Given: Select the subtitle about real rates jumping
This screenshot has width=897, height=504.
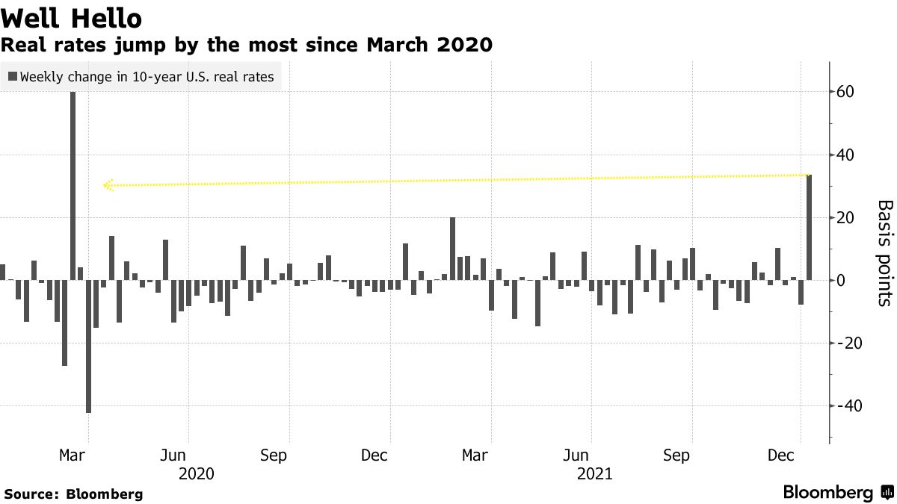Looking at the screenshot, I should [x=247, y=45].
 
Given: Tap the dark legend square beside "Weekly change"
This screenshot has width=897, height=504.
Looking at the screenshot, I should [x=13, y=76].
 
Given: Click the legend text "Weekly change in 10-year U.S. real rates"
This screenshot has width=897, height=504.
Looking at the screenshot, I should [x=147, y=76].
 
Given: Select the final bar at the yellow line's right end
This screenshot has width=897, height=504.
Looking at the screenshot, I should [x=809, y=228].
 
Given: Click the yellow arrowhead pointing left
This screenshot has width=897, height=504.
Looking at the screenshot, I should [x=108, y=184].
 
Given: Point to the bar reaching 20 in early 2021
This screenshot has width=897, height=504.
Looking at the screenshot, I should [x=452, y=249].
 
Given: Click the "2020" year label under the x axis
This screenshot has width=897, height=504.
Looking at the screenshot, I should [x=197, y=473].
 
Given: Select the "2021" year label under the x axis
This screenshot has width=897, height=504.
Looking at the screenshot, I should [x=595, y=473].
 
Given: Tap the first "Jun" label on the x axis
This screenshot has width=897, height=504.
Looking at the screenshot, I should [x=173, y=455].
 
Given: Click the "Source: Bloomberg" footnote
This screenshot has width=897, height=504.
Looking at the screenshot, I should [x=73, y=494].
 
